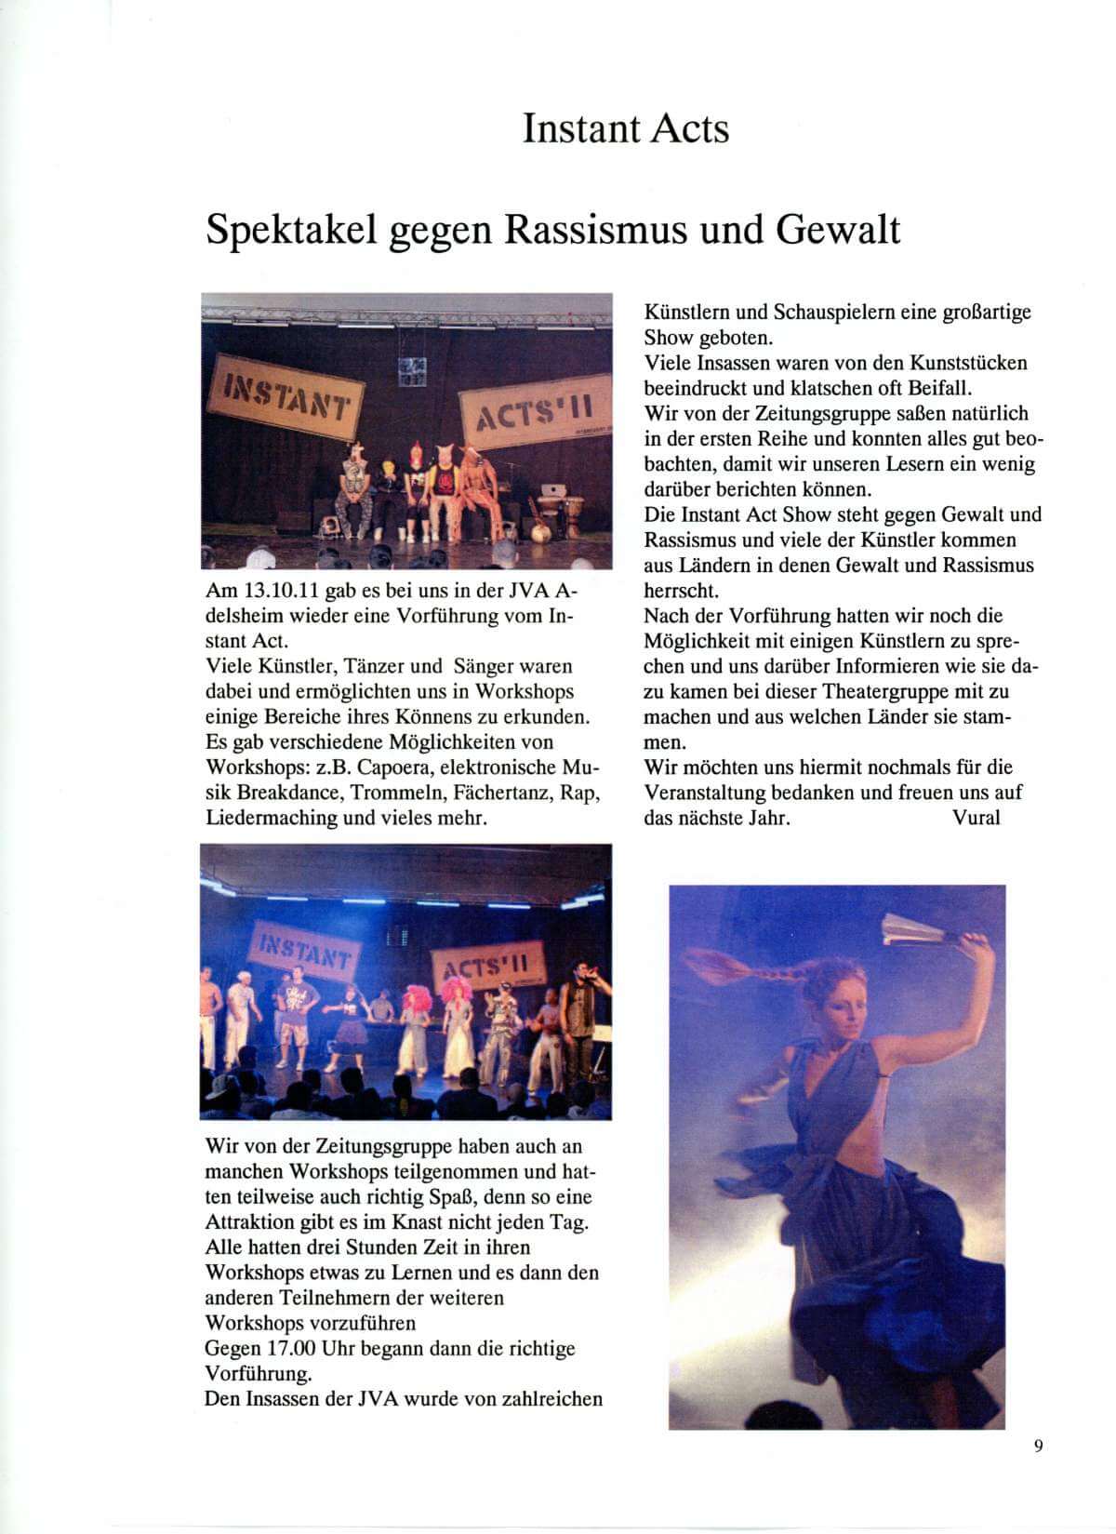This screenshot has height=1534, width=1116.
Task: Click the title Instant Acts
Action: pyautogui.click(x=625, y=128)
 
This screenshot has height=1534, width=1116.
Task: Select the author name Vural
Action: pyautogui.click(x=976, y=818)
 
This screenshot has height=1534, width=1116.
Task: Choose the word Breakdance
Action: pyautogui.click(x=293, y=793)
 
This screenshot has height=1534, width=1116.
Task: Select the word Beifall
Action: pyautogui.click(x=937, y=388)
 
